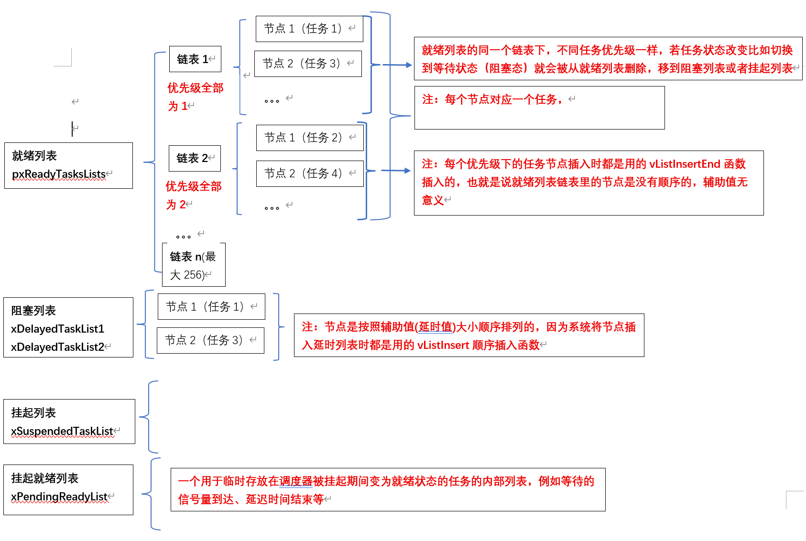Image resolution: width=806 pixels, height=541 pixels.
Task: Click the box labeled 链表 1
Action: pos(195,59)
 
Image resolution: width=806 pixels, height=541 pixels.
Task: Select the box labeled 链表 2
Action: pos(195,158)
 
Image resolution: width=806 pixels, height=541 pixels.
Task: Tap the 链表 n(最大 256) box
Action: pos(194,265)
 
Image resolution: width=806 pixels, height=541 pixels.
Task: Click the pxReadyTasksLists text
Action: pos(59,174)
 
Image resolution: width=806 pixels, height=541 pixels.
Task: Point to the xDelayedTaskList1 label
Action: pos(57,329)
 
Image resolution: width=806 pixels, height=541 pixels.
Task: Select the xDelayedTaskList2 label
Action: pos(57,347)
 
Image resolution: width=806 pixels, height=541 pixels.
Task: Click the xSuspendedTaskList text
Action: pos(62,431)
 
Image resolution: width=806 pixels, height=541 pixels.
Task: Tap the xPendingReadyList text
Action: pos(59,497)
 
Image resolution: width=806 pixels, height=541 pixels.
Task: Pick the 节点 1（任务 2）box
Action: pos(310,138)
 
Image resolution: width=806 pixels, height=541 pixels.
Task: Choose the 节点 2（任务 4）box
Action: pos(310,173)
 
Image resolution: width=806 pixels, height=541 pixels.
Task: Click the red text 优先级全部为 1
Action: pos(195,97)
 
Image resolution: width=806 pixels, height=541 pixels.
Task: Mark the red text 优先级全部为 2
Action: pos(193,195)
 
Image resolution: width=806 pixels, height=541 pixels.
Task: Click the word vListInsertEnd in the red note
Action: pos(685,164)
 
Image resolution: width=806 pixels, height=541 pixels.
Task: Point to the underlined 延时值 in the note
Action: pos(435,327)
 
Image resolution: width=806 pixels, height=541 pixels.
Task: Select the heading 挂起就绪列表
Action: pos(45,478)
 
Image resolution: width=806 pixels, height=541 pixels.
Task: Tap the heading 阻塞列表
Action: pos(33,311)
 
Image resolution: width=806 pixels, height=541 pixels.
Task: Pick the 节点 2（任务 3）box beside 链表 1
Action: pos(308,64)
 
